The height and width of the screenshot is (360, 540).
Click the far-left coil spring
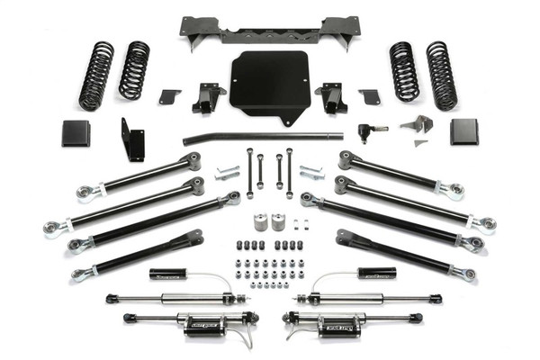coord(96,76)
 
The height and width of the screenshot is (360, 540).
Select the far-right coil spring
coord(442,76)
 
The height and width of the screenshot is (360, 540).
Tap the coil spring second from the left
coord(135,70)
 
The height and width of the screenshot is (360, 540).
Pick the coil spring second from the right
coord(404,70)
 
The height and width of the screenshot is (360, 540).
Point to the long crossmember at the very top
coord(269,32)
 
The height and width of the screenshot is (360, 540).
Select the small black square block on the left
coord(76,133)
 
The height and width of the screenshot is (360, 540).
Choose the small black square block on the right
coord(463,131)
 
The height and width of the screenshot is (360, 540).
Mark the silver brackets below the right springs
coord(416,128)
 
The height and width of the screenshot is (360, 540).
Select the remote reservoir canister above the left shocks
coord(167,274)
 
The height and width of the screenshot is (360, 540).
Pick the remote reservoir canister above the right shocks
coord(376,273)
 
